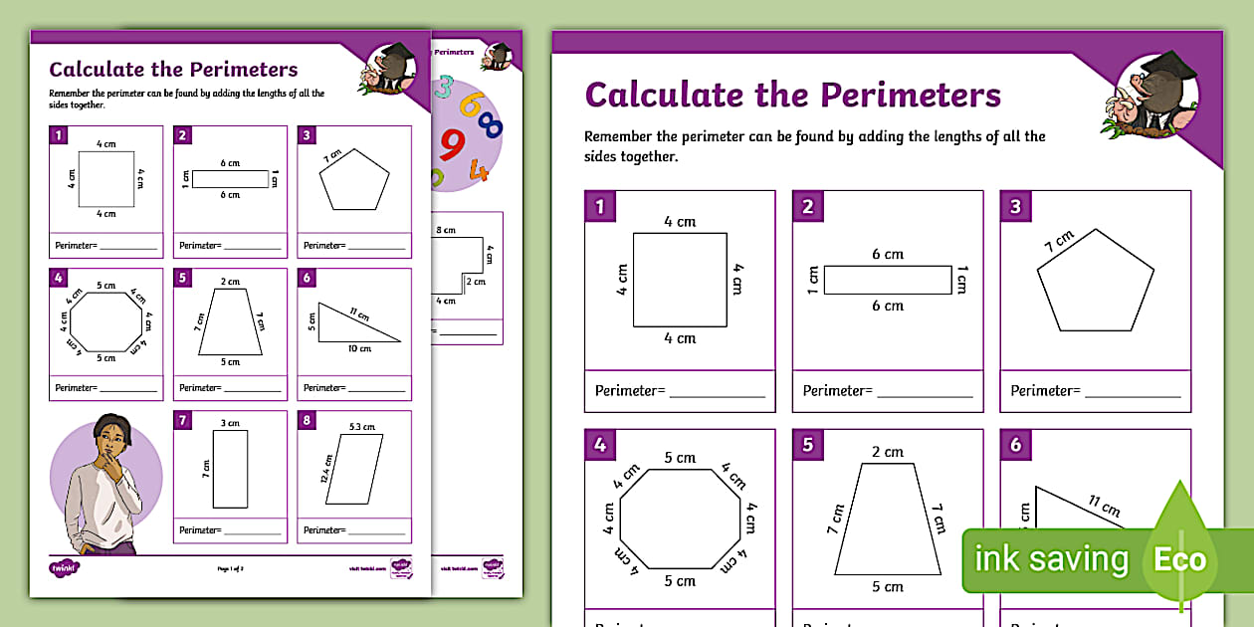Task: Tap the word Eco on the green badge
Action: (1179, 559)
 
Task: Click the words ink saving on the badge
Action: (1051, 559)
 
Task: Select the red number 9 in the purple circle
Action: (452, 144)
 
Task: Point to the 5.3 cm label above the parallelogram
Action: (361, 427)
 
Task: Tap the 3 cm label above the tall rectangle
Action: (230, 423)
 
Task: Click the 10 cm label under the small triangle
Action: (359, 348)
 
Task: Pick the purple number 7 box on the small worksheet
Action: (183, 421)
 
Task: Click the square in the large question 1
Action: (680, 280)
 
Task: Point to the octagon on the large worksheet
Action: (680, 519)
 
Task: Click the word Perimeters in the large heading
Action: (910, 95)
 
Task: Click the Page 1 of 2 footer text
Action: (230, 568)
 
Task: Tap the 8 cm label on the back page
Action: (446, 230)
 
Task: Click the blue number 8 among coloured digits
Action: (490, 123)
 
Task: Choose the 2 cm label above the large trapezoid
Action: (888, 452)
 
